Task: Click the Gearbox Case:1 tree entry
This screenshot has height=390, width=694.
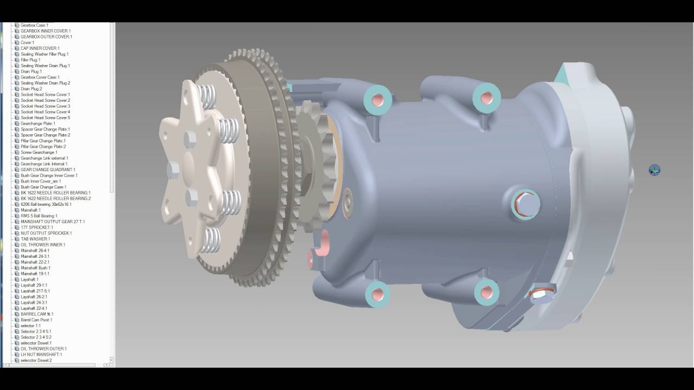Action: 34,25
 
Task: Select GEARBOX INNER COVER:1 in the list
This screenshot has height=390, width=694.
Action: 46,31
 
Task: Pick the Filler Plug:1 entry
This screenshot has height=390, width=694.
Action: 30,60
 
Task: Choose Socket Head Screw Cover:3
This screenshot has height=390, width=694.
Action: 45,106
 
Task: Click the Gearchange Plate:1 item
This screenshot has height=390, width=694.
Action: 38,123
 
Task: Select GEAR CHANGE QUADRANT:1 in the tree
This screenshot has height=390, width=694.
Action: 48,170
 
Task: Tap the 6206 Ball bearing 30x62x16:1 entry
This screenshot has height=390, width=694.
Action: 46,204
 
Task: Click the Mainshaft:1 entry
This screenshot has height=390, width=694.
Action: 30,210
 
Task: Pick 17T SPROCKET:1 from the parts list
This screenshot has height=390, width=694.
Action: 37,227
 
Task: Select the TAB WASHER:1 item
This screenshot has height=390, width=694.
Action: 35,239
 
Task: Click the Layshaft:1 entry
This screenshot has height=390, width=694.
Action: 29,279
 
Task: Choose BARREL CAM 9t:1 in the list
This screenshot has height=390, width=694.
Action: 37,314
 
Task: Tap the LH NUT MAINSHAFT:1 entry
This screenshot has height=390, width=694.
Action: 41,355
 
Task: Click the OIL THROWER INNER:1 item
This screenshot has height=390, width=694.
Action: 43,245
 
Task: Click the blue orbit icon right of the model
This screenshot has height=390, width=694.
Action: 654,171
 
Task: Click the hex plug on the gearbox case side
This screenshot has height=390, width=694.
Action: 525,204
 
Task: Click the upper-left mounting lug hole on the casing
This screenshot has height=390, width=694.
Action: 378,100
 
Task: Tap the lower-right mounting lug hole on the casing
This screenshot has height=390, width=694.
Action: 486,292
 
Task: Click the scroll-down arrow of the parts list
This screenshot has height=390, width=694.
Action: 112,360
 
